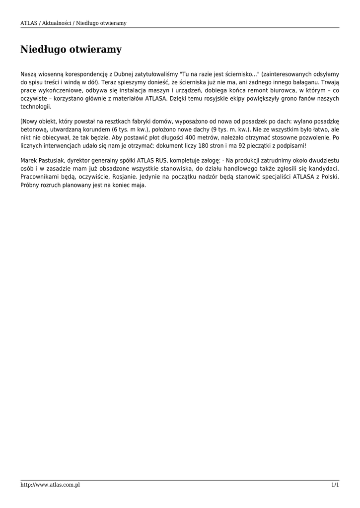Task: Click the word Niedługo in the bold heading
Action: click(43, 50)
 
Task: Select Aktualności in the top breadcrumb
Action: click(59, 23)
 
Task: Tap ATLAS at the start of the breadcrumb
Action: click(28, 23)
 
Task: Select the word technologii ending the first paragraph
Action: click(35, 107)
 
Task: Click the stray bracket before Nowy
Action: click(21, 120)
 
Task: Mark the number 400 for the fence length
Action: click(190, 137)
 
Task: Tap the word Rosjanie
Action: click(123, 178)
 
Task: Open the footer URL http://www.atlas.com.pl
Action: click(50, 485)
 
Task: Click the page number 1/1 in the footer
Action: click(335, 485)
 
